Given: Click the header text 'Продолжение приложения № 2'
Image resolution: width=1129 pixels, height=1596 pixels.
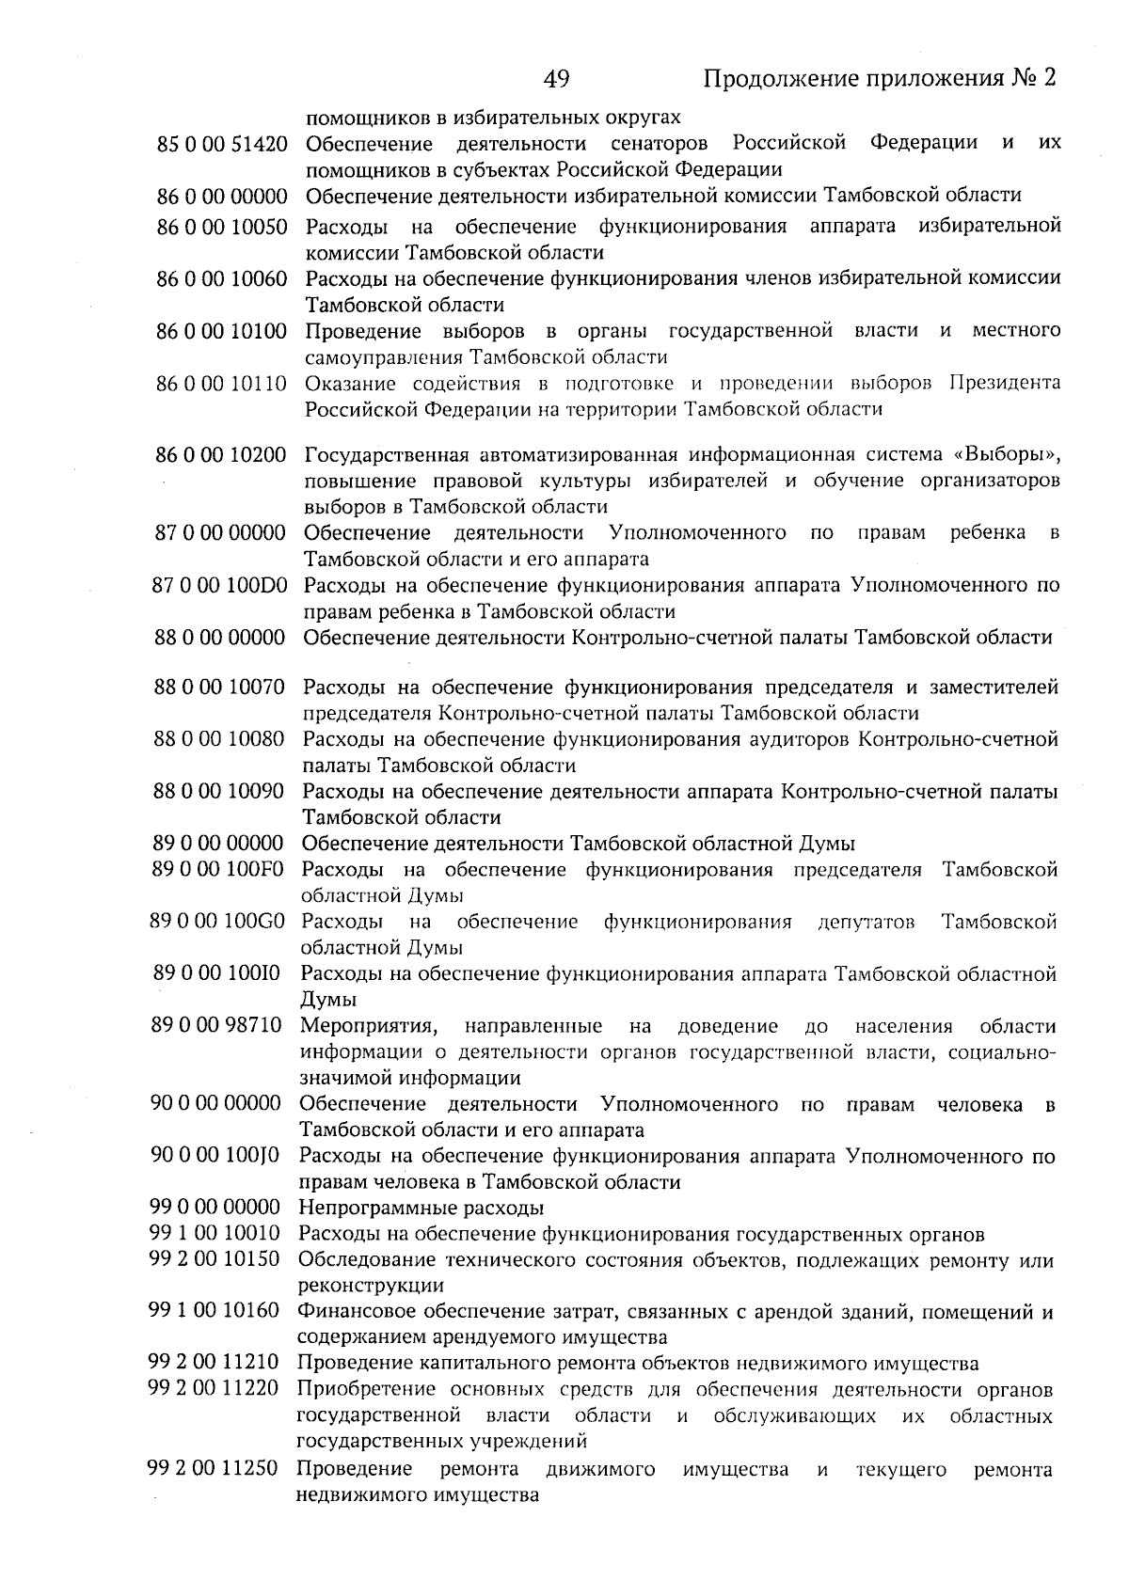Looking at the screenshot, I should click(x=881, y=78).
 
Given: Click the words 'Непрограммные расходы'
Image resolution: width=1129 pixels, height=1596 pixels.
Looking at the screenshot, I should click(x=421, y=1209).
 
